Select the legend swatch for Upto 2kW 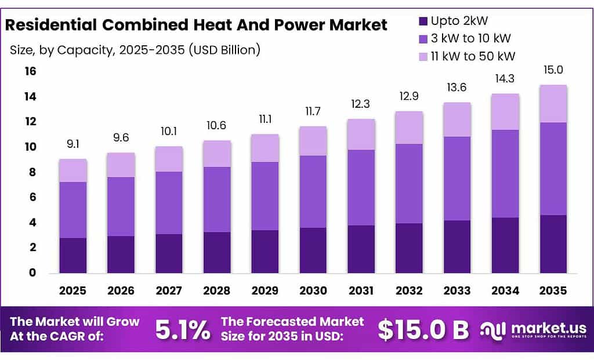[423, 21]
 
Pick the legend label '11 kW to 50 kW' [473, 56]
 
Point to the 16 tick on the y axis [30, 71]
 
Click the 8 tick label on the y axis [32, 172]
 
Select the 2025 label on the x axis [73, 289]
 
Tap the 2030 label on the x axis [313, 289]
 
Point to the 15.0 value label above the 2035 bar [553, 70]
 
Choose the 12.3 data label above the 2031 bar [361, 104]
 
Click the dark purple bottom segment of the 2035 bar [553, 244]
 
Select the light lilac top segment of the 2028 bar [217, 154]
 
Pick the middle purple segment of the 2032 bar [410, 183]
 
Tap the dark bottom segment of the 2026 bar [121, 254]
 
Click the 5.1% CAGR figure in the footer [183, 329]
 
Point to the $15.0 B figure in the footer [423, 329]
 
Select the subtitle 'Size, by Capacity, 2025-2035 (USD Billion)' [134, 50]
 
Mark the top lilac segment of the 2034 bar [505, 112]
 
